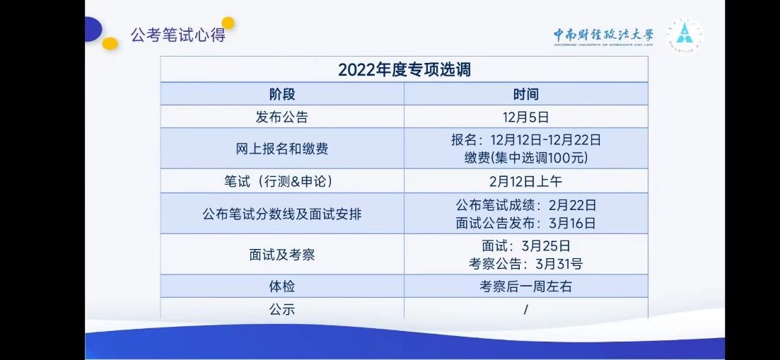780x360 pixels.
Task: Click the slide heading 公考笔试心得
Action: point(178,35)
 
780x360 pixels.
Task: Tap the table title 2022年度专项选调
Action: point(404,69)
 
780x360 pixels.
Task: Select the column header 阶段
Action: point(282,94)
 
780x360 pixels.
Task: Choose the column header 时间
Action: point(526,94)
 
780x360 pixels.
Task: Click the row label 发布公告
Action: point(282,117)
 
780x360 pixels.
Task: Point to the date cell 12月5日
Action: point(526,117)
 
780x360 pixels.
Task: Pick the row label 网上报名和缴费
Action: point(282,149)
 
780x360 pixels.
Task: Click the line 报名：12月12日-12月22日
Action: point(526,140)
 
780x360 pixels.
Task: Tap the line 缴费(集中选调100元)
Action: point(526,158)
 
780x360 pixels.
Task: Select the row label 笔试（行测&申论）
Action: point(282,182)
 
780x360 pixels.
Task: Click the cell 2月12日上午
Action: point(526,182)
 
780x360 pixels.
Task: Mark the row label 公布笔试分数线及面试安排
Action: point(282,214)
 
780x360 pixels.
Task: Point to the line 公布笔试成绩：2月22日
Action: point(526,205)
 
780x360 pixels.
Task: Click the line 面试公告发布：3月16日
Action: point(526,223)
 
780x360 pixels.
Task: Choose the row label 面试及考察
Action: point(282,255)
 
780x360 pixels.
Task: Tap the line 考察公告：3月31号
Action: point(526,264)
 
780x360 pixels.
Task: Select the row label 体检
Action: point(282,287)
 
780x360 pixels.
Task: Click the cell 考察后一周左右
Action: point(526,287)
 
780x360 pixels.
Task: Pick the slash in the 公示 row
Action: point(526,309)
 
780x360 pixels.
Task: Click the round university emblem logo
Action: point(685,36)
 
